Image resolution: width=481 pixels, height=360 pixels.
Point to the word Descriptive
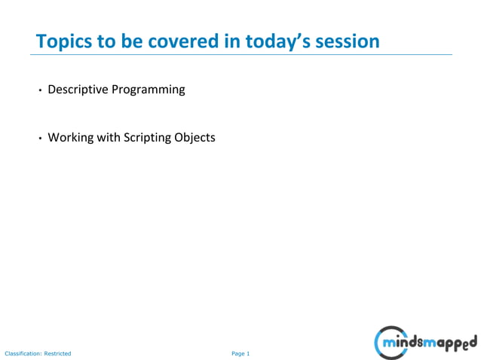[78, 90]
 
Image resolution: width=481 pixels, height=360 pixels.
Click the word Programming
[148, 90]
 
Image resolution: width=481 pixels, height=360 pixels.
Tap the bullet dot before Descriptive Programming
[41, 90]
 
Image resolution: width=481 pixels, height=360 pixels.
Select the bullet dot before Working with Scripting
[41, 139]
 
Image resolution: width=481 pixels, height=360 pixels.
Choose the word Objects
[196, 138]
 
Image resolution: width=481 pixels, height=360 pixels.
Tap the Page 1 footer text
[240, 353]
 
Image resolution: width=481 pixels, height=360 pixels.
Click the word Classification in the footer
[22, 353]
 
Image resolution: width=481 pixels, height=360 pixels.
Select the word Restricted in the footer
[57, 353]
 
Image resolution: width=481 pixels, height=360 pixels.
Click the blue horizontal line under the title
[241, 54]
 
